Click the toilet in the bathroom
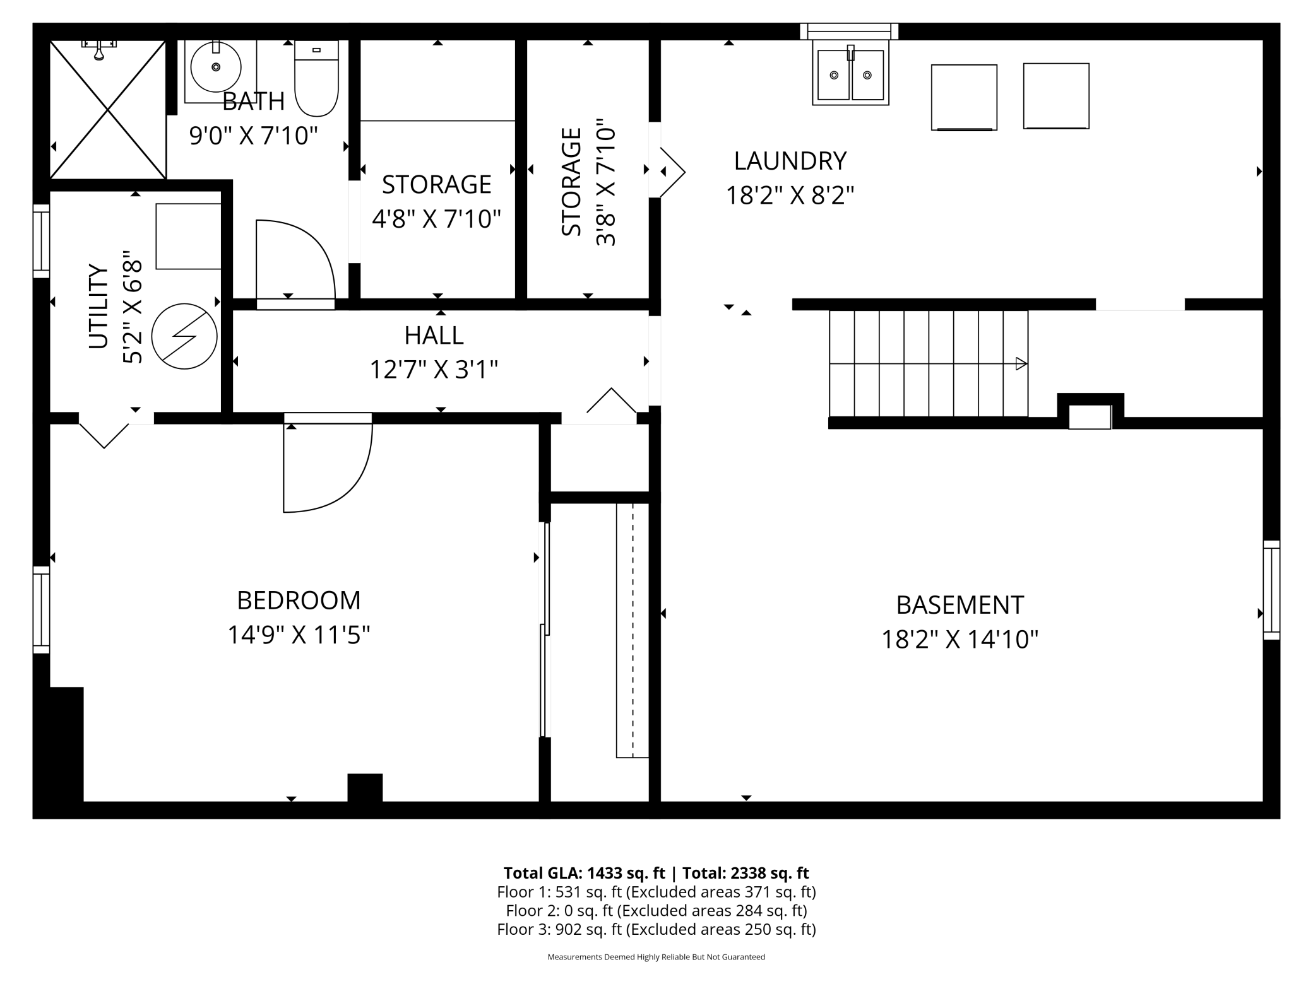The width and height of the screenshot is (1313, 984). point(316,78)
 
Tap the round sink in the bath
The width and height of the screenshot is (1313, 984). point(216,67)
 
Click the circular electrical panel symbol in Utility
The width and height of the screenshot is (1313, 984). point(184,336)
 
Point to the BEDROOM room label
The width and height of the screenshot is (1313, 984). point(299,600)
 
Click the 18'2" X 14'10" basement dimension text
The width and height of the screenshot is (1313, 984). point(959,640)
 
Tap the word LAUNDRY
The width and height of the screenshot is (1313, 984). point(790,161)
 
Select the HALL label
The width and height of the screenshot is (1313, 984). point(434,336)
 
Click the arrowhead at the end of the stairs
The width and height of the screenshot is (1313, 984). point(1021,364)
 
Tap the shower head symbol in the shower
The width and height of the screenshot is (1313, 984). point(99,50)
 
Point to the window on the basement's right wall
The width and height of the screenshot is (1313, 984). point(1271,590)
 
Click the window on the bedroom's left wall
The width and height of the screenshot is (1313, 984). point(41,610)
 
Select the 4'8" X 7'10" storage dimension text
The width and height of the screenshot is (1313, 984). point(436,219)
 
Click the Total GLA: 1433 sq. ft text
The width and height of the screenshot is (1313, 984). point(584,873)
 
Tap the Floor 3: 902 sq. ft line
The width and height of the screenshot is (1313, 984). point(656,929)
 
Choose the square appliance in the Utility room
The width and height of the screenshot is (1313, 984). point(188,237)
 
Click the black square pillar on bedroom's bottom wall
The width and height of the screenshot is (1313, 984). point(365,788)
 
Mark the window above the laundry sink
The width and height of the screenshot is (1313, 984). point(849,32)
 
